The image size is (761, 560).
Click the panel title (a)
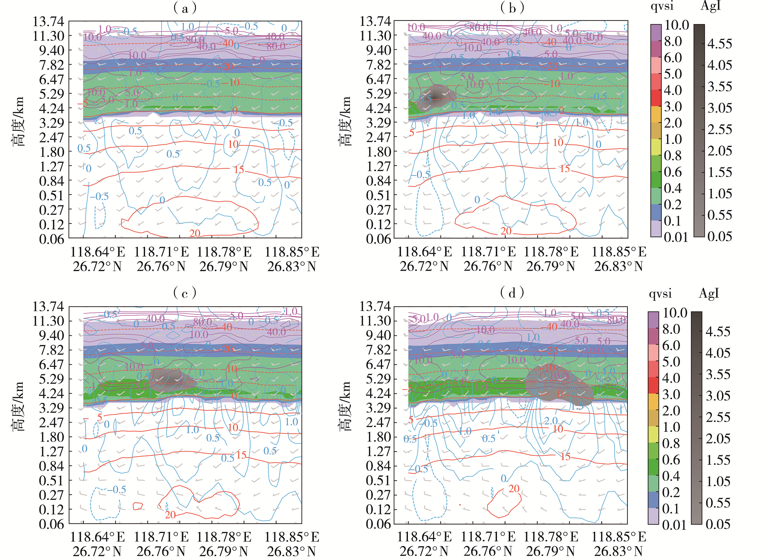click(x=185, y=8)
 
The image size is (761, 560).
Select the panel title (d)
click(x=512, y=293)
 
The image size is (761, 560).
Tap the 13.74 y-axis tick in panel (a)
click(x=48, y=22)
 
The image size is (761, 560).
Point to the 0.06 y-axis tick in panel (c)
click(x=51, y=524)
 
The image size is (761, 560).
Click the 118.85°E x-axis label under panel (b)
click(x=619, y=252)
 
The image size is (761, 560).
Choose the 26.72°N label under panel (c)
click(x=97, y=551)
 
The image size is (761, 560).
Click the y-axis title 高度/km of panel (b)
click(x=345, y=121)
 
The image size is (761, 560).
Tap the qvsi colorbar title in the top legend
click(x=662, y=6)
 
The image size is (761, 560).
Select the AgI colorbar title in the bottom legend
click(x=709, y=294)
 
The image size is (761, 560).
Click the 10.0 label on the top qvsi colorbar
click(x=677, y=25)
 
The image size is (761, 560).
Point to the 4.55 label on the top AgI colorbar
click(x=720, y=44)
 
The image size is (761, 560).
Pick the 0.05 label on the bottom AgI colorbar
click(x=718, y=524)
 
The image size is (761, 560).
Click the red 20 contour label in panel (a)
click(x=195, y=233)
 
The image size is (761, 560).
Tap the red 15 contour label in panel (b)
click(x=565, y=169)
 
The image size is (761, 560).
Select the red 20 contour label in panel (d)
click(x=514, y=488)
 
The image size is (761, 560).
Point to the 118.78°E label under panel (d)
click(x=551, y=537)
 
